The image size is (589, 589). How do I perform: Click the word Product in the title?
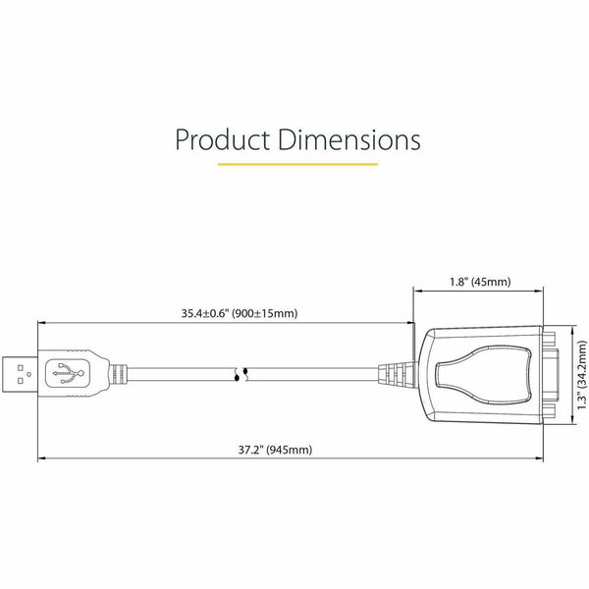click(x=223, y=139)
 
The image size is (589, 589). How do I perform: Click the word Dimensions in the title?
click(x=349, y=139)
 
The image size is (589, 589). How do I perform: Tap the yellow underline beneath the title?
click(x=297, y=164)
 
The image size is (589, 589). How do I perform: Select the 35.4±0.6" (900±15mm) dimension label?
click(x=240, y=313)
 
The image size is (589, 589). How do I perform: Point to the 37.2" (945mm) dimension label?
click(x=275, y=450)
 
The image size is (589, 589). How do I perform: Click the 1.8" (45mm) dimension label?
click(x=480, y=282)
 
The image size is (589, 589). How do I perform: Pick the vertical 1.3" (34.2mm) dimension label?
click(x=581, y=375)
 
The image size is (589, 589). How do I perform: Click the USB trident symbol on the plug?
click(x=68, y=373)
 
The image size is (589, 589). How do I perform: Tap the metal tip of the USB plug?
click(x=20, y=374)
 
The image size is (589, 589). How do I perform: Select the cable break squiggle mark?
click(x=241, y=375)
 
